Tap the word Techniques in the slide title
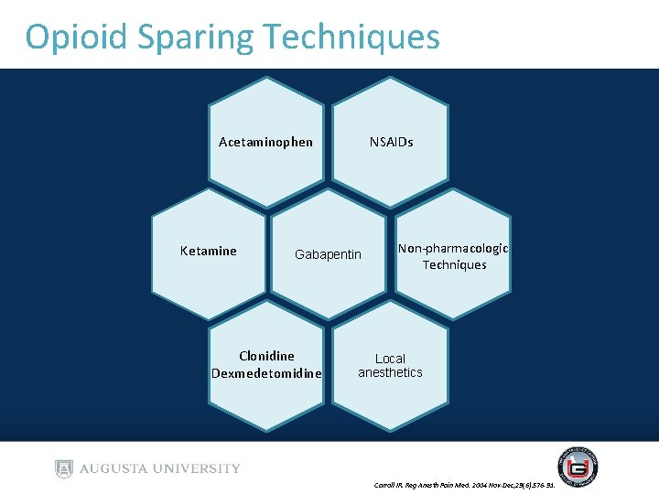coord(351,38)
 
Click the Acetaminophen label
coord(265,142)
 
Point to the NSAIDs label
coord(391,142)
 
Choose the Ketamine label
coord(208,251)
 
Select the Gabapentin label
coord(328,254)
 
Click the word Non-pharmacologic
coord(453,249)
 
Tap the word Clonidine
coord(266,356)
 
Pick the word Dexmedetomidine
coord(266,373)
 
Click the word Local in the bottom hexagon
coord(390,359)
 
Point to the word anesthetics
coord(390,372)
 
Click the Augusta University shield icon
coord(63,468)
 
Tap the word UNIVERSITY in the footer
coord(195,468)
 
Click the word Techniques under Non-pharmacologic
coord(454,265)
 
